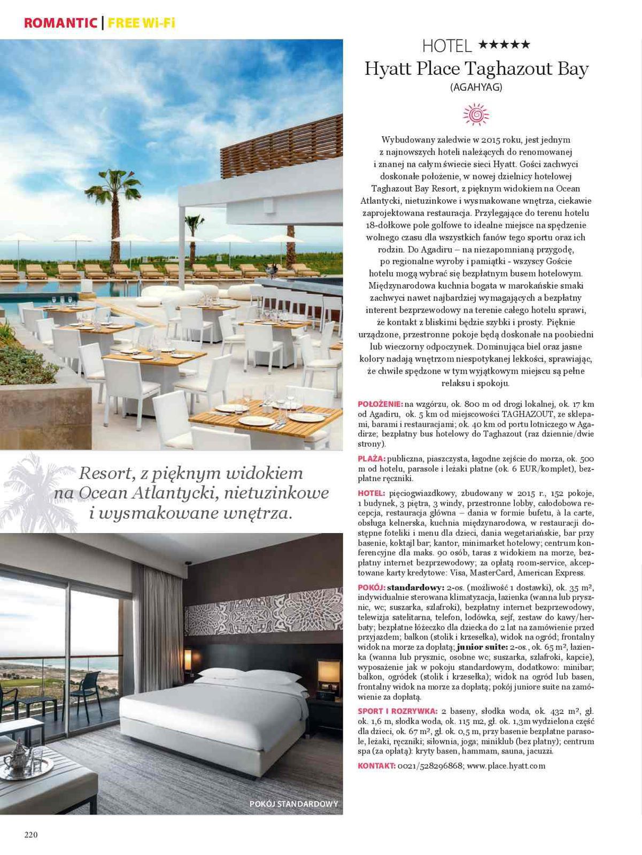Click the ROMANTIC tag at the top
click(60, 23)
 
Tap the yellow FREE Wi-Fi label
click(141, 23)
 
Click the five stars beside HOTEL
click(504, 45)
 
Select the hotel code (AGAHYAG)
click(476, 87)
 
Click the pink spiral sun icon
click(476, 114)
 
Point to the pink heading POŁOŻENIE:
click(380, 404)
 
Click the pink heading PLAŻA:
click(372, 459)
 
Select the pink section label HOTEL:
click(371, 493)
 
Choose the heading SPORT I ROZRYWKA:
click(398, 711)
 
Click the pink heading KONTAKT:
click(377, 766)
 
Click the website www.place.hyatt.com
click(506, 766)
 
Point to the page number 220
click(30, 835)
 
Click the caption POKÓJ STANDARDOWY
click(293, 804)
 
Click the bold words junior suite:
click(486, 647)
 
